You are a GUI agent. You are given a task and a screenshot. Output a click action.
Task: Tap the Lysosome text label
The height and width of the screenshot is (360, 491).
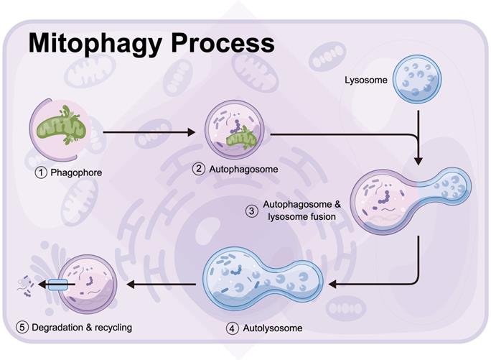coord(366,80)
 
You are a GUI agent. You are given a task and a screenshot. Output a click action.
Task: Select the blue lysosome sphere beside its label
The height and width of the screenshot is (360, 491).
coord(421,80)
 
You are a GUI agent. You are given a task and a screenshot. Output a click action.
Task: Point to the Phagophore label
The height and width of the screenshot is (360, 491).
coord(76,172)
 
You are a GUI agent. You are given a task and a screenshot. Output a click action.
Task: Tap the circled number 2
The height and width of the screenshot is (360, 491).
coord(199,170)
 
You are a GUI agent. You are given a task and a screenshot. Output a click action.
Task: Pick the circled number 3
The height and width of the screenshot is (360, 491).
coord(251,211)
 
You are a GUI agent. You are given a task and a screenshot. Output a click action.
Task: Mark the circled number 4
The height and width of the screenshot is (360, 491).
coord(231,328)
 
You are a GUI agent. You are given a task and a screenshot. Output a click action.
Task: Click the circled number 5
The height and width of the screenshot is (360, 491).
coord(22,328)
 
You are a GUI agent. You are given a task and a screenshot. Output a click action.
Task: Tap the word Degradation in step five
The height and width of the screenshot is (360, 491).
coord(58,328)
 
